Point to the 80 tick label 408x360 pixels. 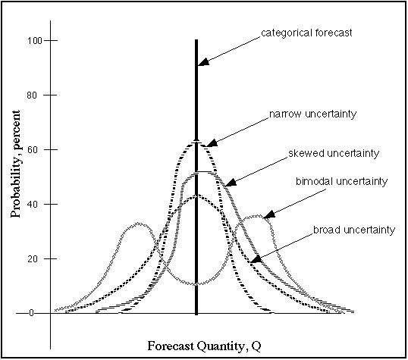click(33, 95)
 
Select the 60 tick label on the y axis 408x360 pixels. click(33, 149)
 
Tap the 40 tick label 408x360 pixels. click(33, 204)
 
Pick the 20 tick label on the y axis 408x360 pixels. click(33, 258)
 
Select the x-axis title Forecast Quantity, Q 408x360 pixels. click(197, 346)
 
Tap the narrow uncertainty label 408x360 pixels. click(312, 114)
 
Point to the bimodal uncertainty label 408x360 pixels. click(341, 181)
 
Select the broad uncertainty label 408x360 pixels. click(354, 229)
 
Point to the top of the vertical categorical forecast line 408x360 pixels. click(196, 41)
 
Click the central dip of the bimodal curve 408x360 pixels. click(196, 284)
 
